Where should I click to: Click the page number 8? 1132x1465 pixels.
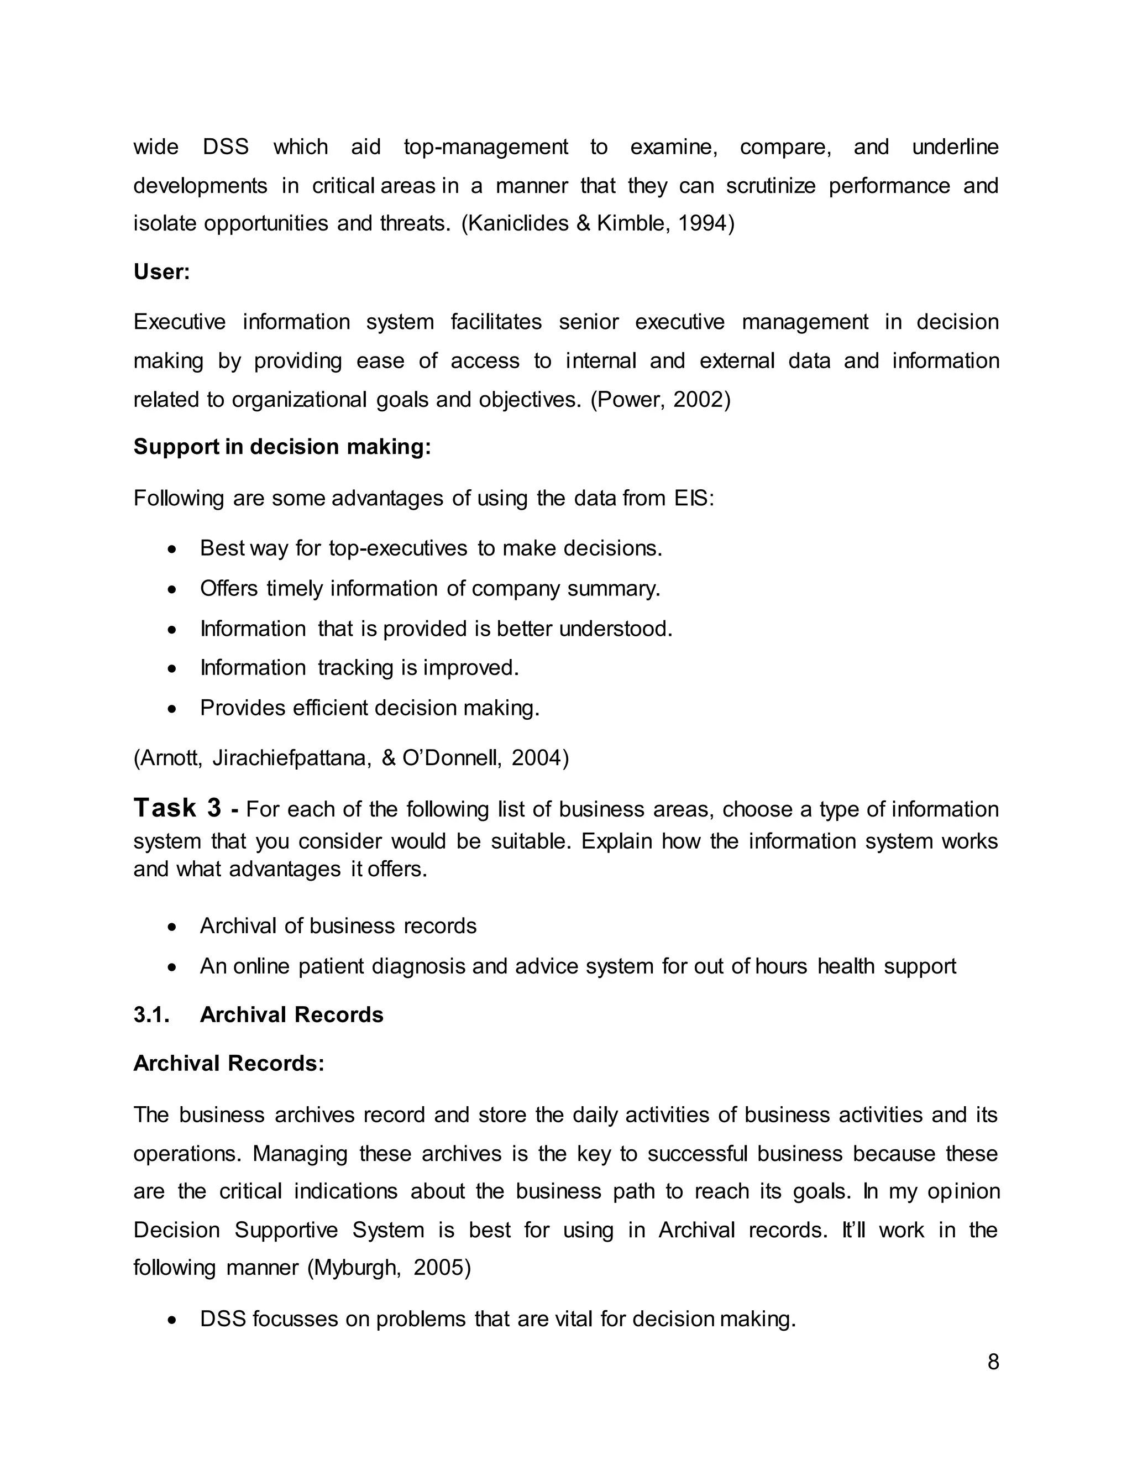click(993, 1362)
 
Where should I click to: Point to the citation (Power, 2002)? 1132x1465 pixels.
click(660, 400)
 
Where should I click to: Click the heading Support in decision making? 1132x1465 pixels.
click(282, 447)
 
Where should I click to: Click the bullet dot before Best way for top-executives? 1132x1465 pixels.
click(172, 550)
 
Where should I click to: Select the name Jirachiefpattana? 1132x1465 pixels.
click(292, 758)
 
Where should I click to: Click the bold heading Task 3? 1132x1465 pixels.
click(177, 808)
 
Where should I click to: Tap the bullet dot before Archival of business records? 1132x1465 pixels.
click(172, 927)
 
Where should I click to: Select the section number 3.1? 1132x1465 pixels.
click(151, 1015)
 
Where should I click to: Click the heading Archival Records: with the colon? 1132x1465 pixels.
click(229, 1064)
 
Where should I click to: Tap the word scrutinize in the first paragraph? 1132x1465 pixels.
click(771, 186)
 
